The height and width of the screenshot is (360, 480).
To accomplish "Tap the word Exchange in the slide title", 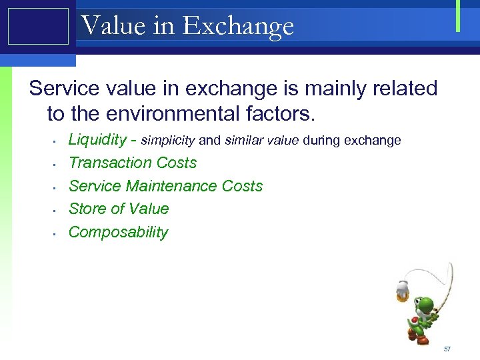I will pos(238,26).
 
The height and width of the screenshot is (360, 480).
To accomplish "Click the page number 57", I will pos(447,349).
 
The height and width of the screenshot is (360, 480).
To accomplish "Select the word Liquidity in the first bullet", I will pos(97,140).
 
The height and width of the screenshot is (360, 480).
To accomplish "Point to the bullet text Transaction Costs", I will pos(133,163).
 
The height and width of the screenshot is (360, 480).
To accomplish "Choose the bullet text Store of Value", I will pos(119,209).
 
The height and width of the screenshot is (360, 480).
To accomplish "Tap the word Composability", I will pos(118,232).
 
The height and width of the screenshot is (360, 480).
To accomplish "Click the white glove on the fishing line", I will pos(401,287).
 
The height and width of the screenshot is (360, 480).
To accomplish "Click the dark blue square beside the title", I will pos(38,26).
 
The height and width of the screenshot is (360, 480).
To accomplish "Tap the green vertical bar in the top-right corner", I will pos(458,16).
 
